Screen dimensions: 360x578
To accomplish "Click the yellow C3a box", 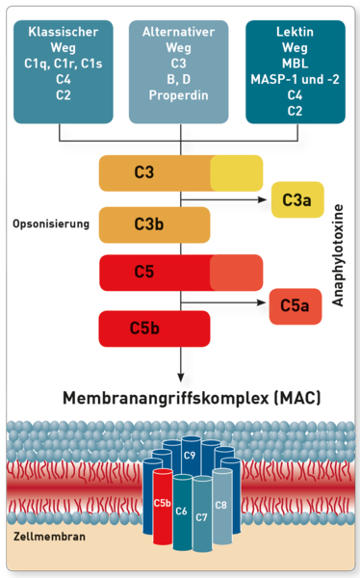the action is [297, 199].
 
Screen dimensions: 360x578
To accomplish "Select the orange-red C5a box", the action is [296, 306].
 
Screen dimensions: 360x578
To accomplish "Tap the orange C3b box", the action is [154, 224].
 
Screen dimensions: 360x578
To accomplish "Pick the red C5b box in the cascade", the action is [154, 328].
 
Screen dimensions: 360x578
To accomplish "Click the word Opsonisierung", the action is [51, 223].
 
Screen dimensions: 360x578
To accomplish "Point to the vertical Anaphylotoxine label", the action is [338, 255].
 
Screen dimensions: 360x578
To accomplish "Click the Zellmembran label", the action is [49, 536].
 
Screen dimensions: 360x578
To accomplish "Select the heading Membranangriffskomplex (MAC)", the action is [192, 398].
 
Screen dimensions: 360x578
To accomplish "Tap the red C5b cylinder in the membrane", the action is [163, 507].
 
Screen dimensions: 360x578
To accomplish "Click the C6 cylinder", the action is [182, 512].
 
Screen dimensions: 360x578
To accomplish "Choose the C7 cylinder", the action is [202, 514].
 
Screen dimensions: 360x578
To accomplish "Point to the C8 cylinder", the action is [222, 506].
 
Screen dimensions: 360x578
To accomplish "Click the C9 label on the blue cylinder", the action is [190, 456].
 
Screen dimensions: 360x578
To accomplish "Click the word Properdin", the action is [179, 95].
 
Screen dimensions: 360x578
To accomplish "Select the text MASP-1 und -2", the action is [296, 79].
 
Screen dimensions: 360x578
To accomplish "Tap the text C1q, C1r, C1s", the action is [63, 64].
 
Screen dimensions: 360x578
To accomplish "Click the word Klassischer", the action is [63, 32].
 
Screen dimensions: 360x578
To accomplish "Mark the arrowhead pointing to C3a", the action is [263, 199].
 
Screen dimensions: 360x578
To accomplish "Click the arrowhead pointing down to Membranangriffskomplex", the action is [181, 378].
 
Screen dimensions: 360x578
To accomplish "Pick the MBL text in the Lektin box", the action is [296, 64].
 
